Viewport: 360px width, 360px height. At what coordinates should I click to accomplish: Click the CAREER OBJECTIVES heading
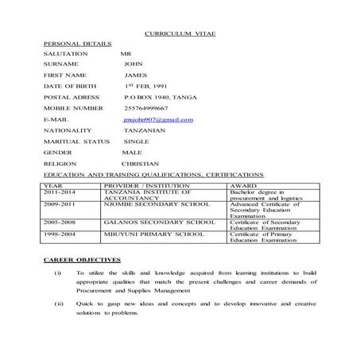[81, 260]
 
